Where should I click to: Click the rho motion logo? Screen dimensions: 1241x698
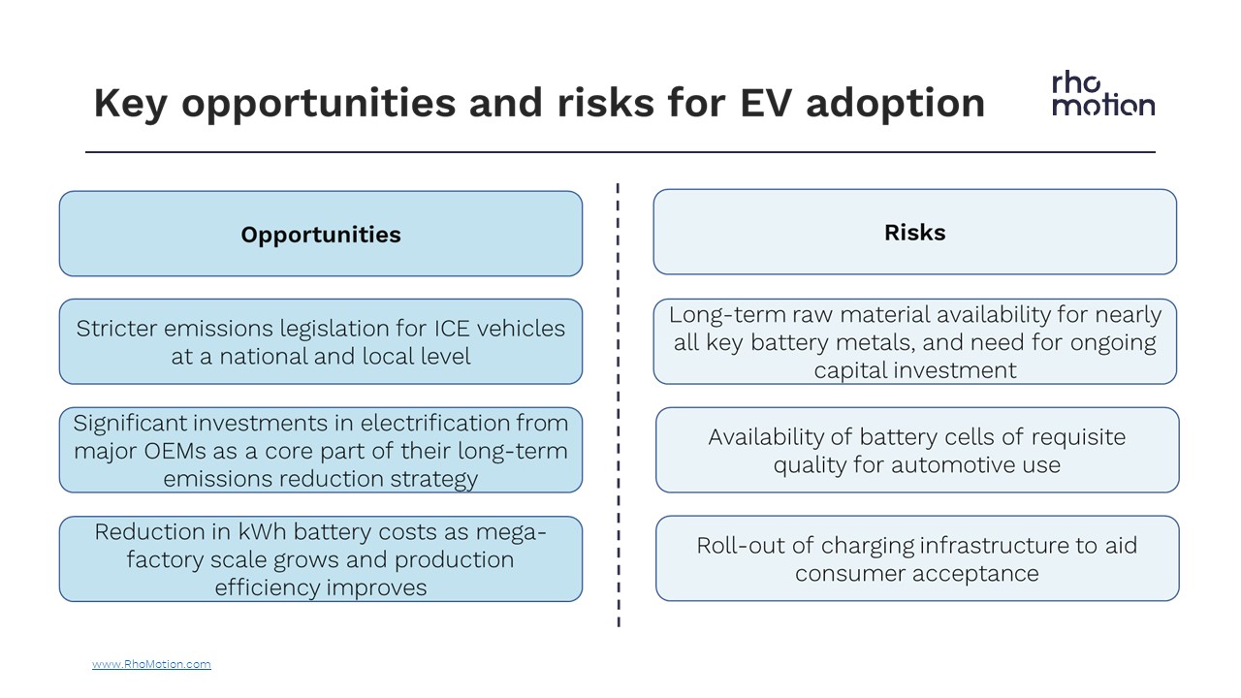click(1103, 95)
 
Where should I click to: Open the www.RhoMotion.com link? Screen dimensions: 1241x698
click(151, 664)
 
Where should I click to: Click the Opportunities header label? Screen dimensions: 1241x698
click(321, 235)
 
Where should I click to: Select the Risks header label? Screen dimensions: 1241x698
click(914, 232)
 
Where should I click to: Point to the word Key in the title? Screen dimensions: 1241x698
click(130, 105)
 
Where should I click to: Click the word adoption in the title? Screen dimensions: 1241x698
click(895, 104)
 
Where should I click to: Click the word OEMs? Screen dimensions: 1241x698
click(175, 451)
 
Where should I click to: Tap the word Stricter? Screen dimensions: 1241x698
click(115, 329)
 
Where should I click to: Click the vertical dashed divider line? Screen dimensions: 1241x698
click(619, 405)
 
